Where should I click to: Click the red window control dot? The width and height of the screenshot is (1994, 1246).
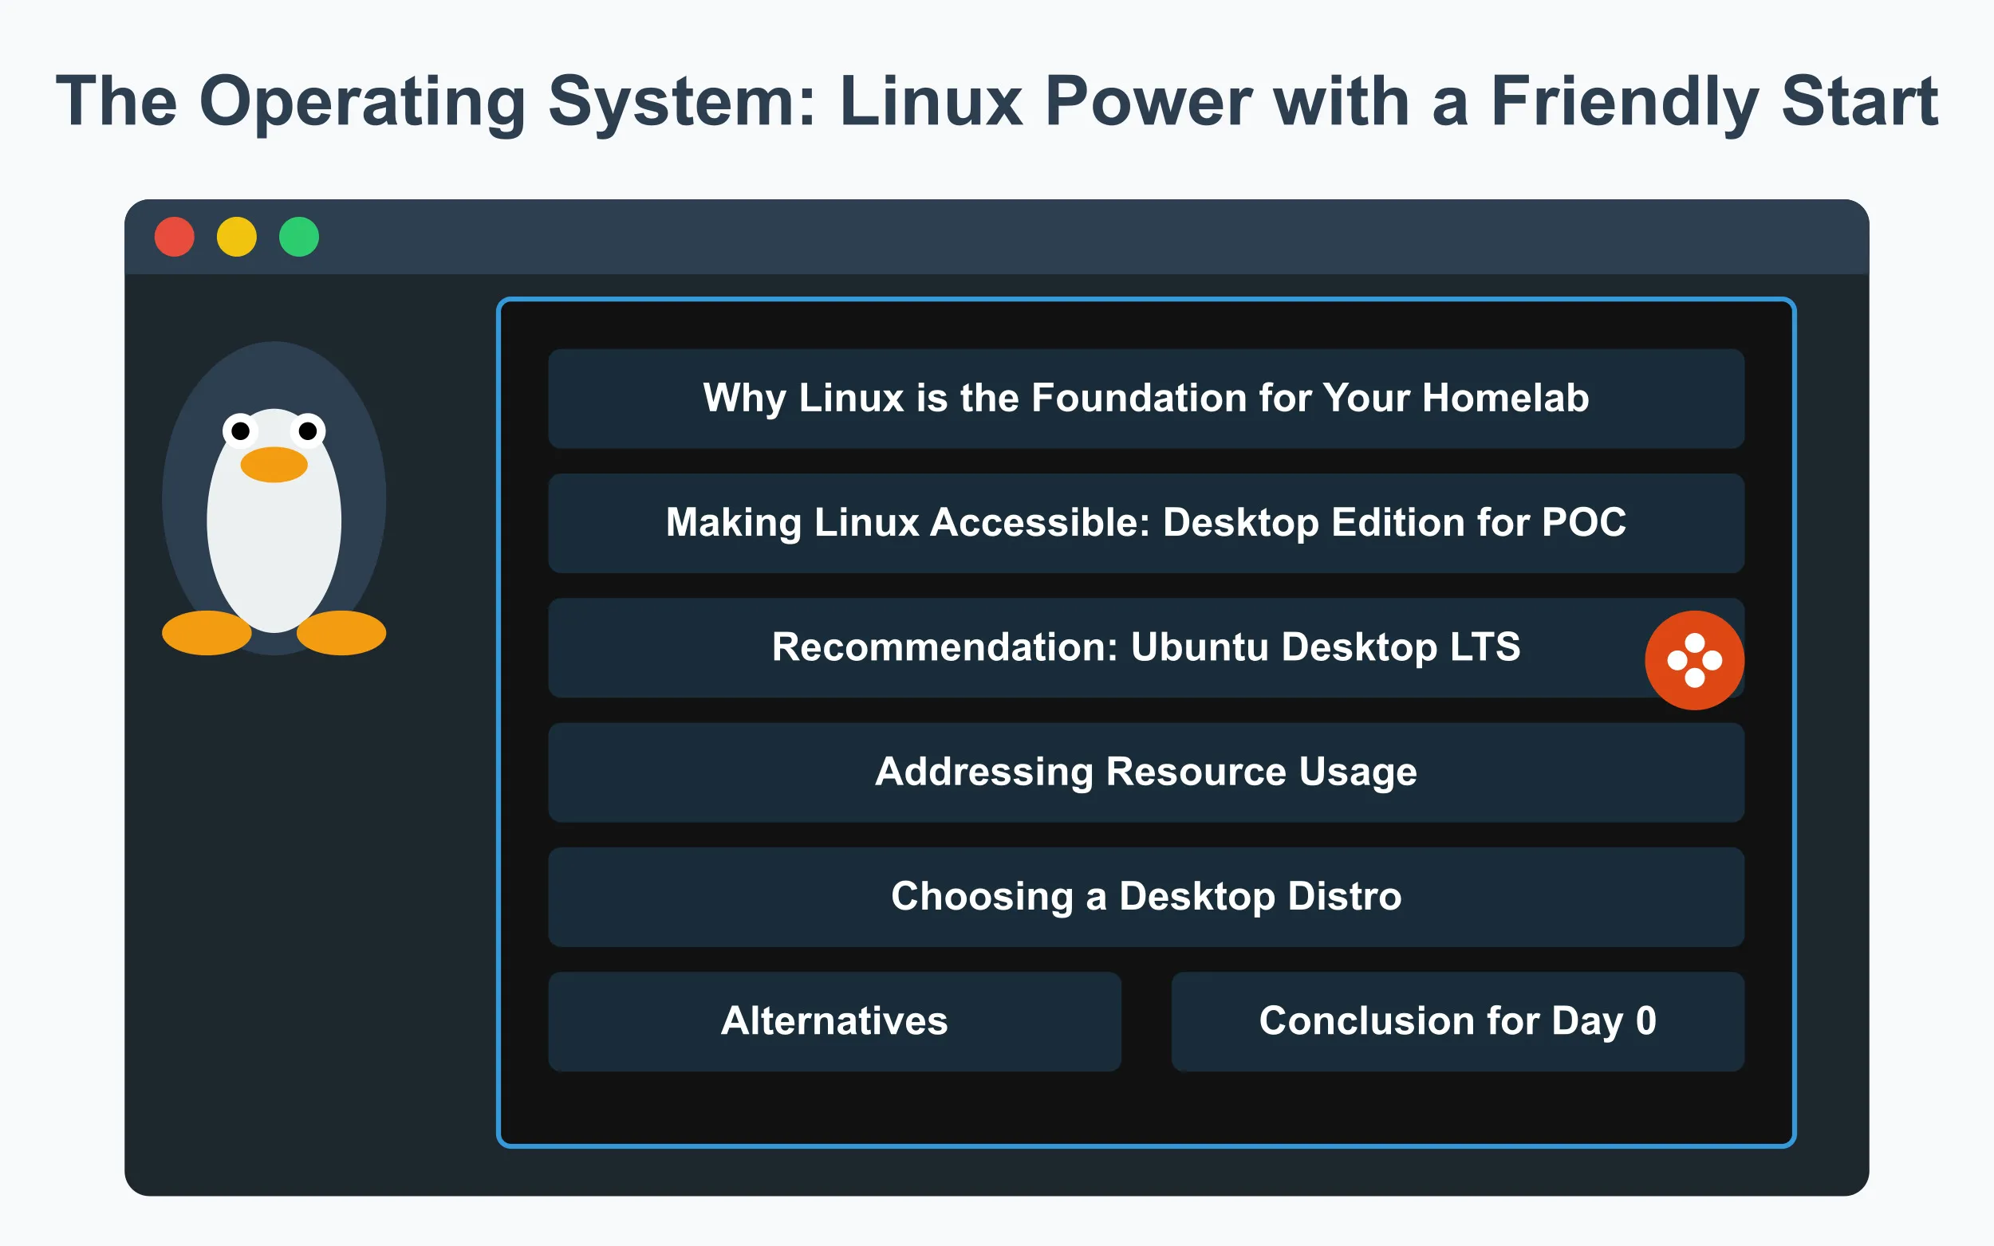pyautogui.click(x=174, y=238)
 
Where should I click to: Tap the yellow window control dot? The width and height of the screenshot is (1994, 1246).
pyautogui.click(x=237, y=238)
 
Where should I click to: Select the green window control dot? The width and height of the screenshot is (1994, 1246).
pyautogui.click(x=298, y=238)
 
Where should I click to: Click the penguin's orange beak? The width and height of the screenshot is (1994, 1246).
pyautogui.click(x=274, y=465)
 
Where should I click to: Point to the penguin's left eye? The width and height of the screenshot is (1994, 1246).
pyautogui.click(x=240, y=431)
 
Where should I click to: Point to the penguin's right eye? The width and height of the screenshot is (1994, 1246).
pyautogui.click(x=307, y=431)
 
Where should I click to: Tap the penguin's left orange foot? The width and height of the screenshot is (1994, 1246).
pyautogui.click(x=206, y=633)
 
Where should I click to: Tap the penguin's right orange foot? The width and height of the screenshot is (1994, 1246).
pyautogui.click(x=341, y=633)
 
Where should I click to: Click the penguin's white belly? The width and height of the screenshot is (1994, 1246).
pyautogui.click(x=274, y=544)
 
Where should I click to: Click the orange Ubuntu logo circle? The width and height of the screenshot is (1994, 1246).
pyautogui.click(x=1694, y=660)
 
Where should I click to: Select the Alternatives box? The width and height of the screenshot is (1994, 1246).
pyautogui.click(x=834, y=1021)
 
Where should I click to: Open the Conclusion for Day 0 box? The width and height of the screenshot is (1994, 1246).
pyautogui.click(x=1456, y=1021)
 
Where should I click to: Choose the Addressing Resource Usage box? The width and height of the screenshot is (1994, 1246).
pyautogui.click(x=1146, y=772)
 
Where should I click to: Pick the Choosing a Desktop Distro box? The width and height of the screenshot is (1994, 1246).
pyautogui.click(x=1146, y=897)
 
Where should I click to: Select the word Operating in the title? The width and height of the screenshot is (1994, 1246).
pyautogui.click(x=362, y=102)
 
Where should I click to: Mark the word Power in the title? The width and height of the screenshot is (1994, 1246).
pyautogui.click(x=1149, y=102)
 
